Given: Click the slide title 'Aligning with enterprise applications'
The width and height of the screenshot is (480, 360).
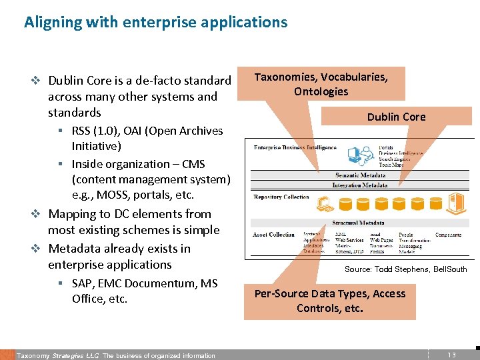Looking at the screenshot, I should [x=155, y=22].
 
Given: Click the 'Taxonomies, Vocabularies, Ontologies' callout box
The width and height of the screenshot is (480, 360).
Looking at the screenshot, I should [x=321, y=84].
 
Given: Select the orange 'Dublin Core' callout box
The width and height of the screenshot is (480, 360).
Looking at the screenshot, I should [x=396, y=117].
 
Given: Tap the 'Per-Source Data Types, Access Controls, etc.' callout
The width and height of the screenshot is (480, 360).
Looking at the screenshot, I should [x=330, y=301].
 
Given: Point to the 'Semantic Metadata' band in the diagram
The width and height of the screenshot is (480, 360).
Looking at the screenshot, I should [x=360, y=175].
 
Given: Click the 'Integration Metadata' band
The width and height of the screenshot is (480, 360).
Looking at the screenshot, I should [x=360, y=185].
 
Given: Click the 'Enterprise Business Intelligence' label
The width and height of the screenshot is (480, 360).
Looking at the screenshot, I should [x=295, y=147].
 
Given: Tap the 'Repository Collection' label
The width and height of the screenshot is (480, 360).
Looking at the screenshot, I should [x=281, y=197].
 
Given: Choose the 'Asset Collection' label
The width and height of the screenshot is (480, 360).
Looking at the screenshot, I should [x=273, y=235].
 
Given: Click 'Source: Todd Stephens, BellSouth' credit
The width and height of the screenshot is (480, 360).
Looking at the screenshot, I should [x=405, y=269].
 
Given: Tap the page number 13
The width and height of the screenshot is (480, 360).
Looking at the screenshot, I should [x=451, y=355].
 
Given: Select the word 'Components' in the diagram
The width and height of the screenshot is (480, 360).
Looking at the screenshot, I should [x=448, y=235].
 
